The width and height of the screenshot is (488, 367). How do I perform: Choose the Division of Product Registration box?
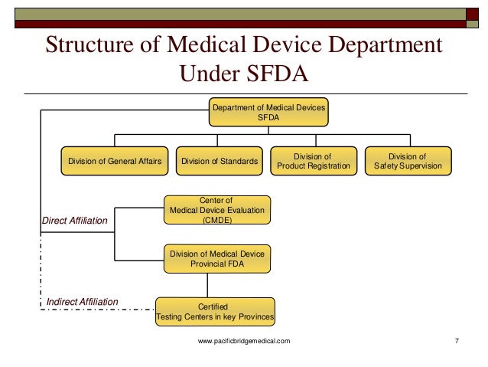(314, 162)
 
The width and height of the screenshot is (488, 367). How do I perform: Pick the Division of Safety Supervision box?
(408, 162)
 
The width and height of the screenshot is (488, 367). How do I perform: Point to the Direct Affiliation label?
(75, 221)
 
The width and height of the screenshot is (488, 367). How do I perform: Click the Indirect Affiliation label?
(83, 302)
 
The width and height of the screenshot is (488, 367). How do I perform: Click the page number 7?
(456, 340)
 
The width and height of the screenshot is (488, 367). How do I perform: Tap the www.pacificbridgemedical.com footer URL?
(244, 340)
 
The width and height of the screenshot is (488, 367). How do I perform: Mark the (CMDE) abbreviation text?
(218, 220)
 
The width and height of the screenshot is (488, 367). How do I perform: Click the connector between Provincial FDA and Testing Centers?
(218, 285)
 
